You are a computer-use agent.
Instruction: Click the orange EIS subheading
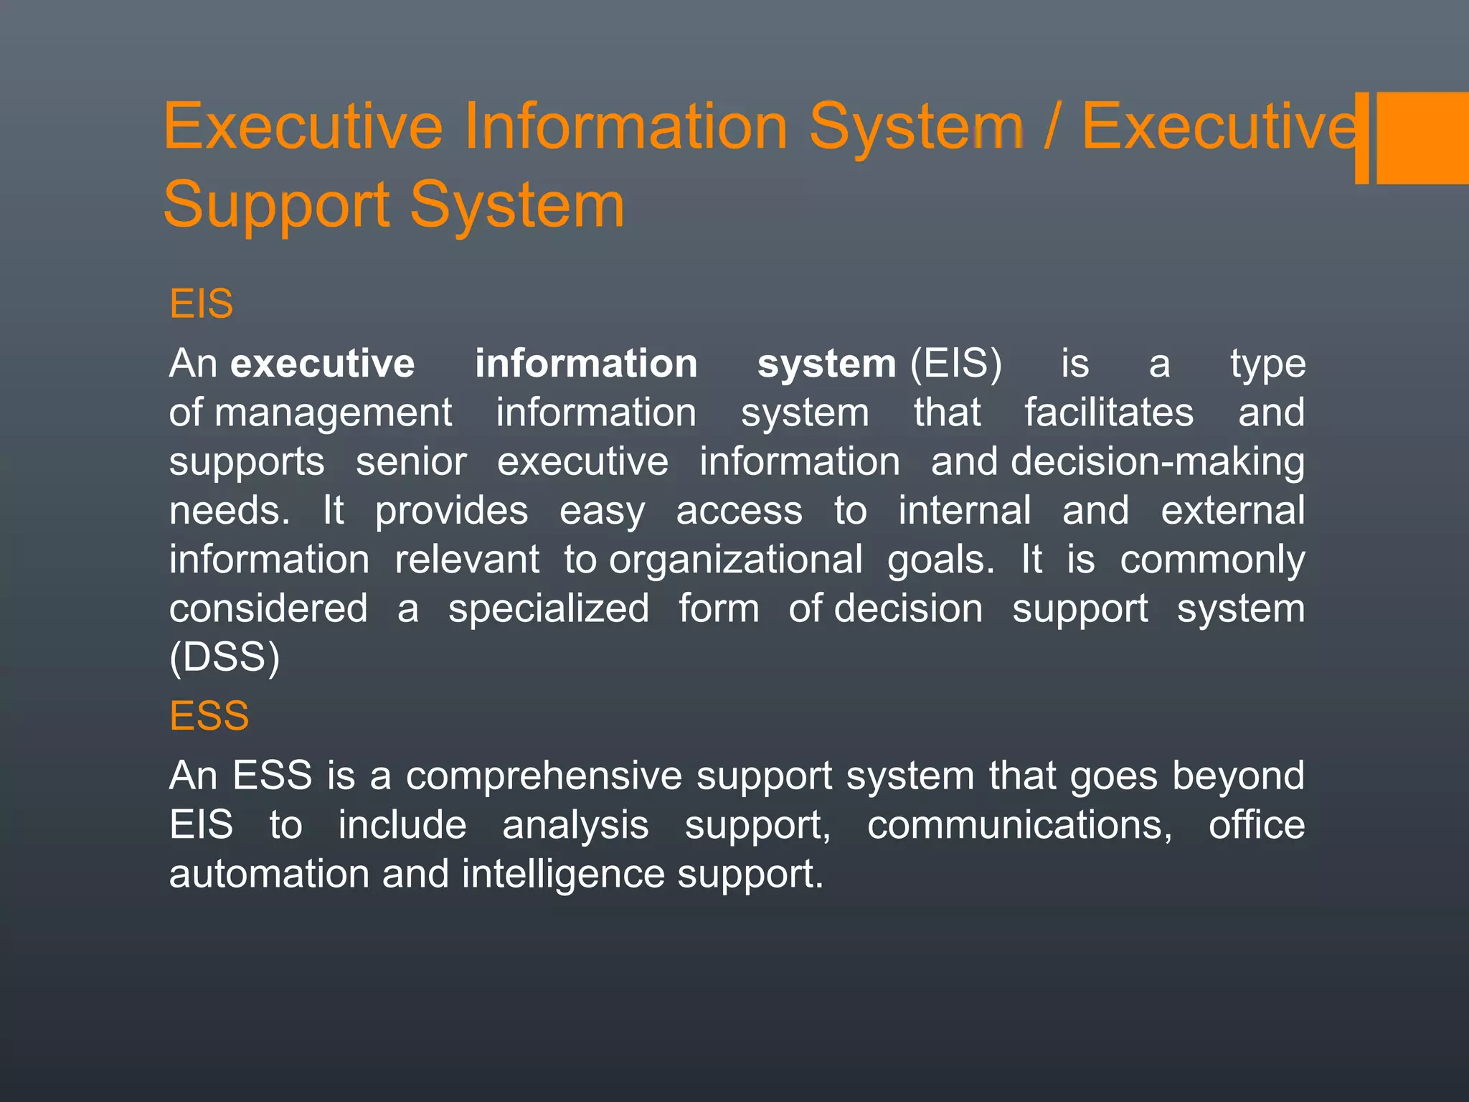click(201, 303)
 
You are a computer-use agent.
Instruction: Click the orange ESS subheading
click(209, 716)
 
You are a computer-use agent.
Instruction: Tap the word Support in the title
click(276, 206)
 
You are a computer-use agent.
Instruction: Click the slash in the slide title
click(1050, 127)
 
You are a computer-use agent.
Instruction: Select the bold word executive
click(322, 364)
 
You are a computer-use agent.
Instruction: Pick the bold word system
click(826, 364)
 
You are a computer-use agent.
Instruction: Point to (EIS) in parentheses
click(955, 364)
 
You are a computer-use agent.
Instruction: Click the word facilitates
click(1108, 413)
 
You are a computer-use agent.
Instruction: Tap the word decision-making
click(1157, 462)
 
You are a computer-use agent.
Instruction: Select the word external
click(1232, 511)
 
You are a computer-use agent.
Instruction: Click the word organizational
click(736, 560)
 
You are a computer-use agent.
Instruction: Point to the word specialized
click(548, 609)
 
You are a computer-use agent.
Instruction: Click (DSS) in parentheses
click(225, 657)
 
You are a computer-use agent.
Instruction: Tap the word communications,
click(1019, 825)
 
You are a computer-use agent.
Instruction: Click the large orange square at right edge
click(1422, 138)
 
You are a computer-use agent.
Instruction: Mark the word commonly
click(1212, 560)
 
